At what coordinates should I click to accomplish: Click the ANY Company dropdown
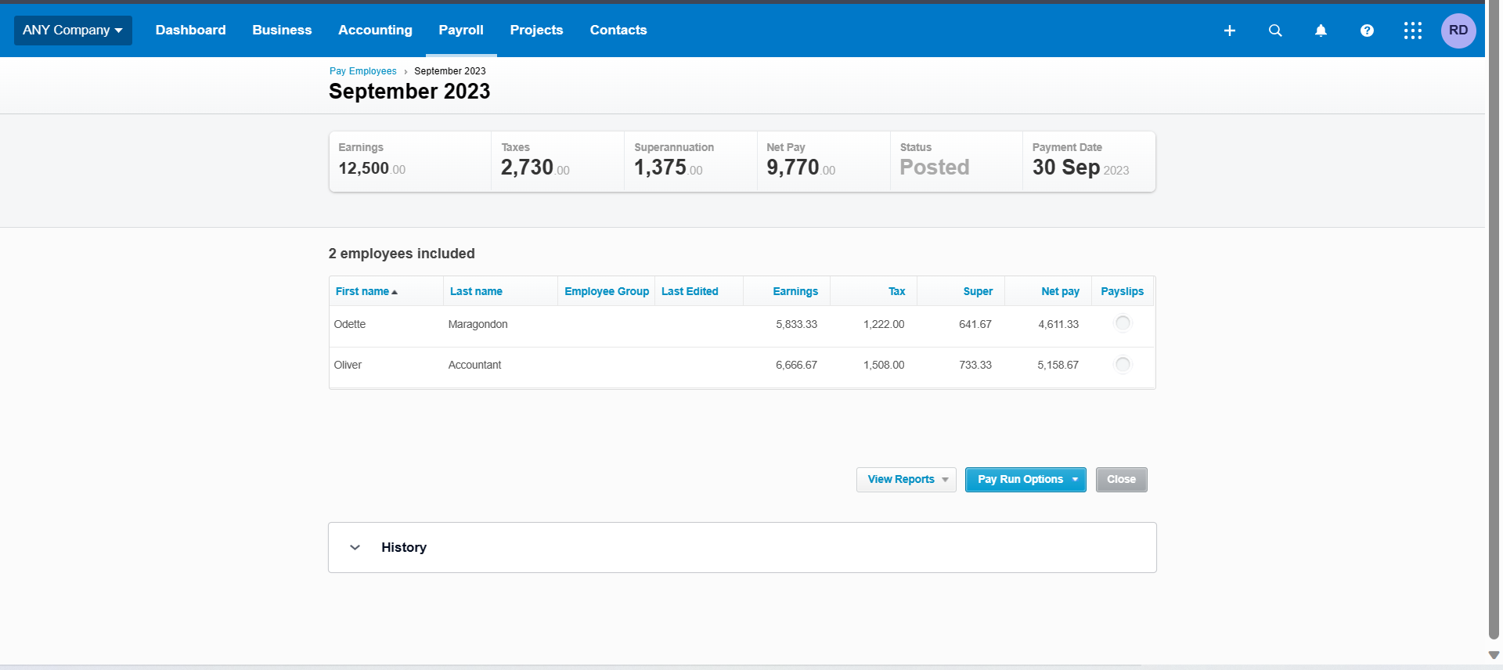tap(73, 31)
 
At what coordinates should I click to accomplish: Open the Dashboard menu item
tap(190, 31)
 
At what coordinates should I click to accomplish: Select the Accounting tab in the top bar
tap(375, 31)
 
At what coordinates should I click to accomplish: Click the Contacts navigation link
tap(618, 31)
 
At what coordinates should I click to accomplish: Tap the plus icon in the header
tap(1229, 31)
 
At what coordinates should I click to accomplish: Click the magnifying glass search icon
tap(1274, 31)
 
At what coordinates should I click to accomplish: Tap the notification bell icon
tap(1320, 31)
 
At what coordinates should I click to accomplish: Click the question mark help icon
tap(1366, 31)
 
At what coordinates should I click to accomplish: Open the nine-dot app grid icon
tap(1412, 31)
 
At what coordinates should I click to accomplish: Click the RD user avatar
tap(1458, 31)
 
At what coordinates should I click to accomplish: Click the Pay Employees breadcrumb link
tap(362, 71)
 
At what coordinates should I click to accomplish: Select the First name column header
tap(362, 291)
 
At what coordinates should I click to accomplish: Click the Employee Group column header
tap(606, 291)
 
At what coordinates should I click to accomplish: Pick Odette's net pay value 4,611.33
tap(1058, 324)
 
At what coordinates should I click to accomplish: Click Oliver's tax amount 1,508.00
tap(883, 365)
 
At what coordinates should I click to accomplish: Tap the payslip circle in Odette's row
tap(1122, 323)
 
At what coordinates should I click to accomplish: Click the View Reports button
tap(906, 479)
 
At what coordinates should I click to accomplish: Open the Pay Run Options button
tap(1025, 479)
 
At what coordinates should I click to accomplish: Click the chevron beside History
tap(355, 547)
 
